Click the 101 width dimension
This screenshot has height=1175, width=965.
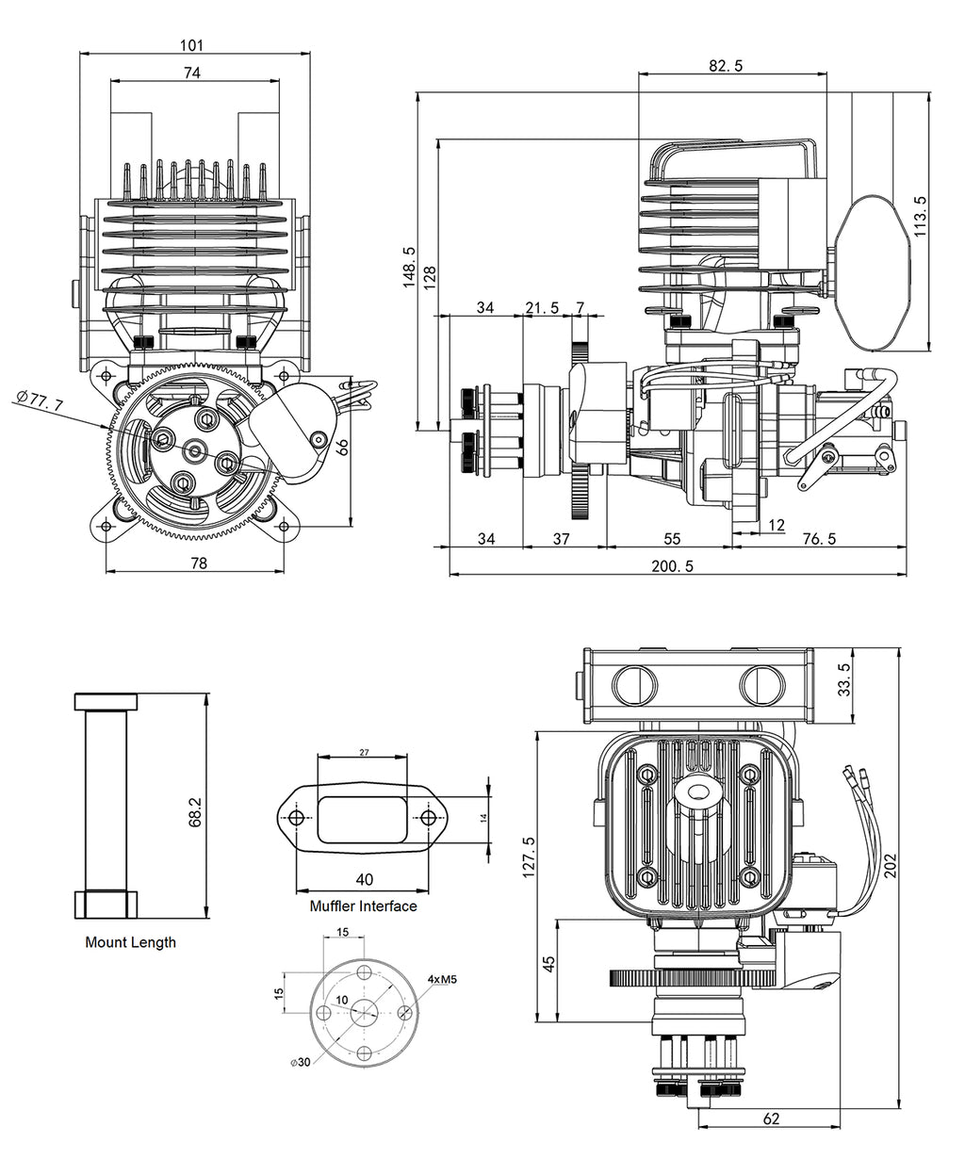192,44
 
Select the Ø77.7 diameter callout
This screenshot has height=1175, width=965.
40,401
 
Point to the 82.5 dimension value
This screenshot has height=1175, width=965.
725,65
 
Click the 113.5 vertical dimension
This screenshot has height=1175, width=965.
920,216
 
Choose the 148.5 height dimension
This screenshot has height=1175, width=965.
409,268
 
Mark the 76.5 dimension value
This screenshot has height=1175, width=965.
818,539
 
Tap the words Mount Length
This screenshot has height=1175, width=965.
130,942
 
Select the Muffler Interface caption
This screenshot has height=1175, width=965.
363,906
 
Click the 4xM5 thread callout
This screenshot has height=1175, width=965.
442,979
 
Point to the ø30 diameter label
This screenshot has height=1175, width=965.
301,1062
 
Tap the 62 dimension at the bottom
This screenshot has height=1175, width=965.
771,1118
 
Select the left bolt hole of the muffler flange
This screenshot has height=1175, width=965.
297,817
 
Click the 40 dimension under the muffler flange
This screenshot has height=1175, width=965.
364,879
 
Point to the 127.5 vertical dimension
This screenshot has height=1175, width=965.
528,857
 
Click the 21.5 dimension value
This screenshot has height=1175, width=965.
542,308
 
